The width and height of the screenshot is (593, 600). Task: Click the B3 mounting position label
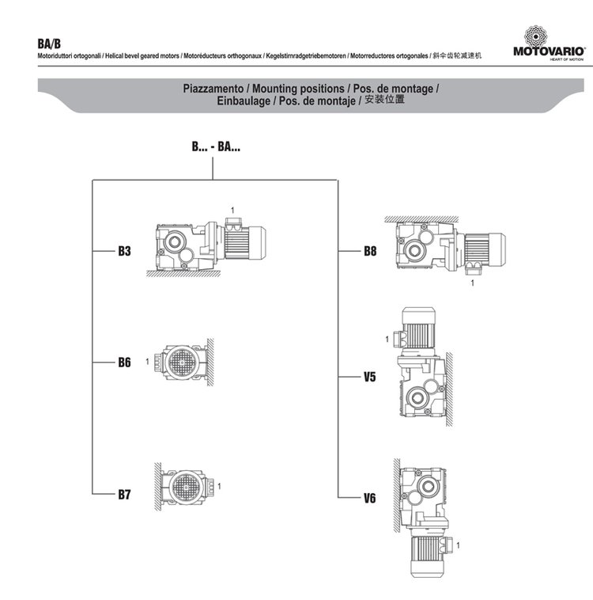[x=124, y=252]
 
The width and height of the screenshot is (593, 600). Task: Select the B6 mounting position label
[x=124, y=363]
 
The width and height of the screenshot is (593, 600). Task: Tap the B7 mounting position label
[x=124, y=496]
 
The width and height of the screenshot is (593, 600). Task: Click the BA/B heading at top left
[x=49, y=42]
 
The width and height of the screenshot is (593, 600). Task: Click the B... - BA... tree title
[x=216, y=146]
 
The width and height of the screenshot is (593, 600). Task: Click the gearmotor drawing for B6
[x=180, y=363]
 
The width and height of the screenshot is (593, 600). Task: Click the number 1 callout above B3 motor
[x=232, y=209]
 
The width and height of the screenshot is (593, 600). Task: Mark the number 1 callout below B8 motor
[x=472, y=282]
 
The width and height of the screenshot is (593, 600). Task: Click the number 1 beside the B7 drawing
[x=219, y=485]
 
